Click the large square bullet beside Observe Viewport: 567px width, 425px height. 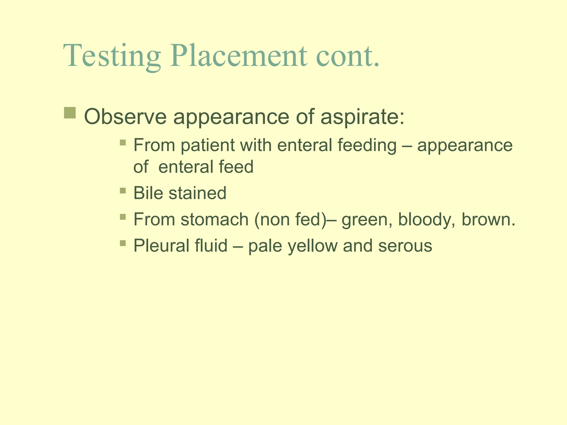pos(70,113)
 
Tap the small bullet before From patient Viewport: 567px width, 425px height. pos(123,143)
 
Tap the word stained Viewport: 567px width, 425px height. pos(198,193)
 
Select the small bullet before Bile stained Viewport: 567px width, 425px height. pos(123,191)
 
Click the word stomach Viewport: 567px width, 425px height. pos(215,219)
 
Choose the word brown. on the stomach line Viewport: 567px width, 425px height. pos(489,219)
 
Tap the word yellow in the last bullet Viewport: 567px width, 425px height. pos(313,246)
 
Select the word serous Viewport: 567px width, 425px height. pos(405,246)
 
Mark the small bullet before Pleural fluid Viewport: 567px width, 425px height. pos(123,243)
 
